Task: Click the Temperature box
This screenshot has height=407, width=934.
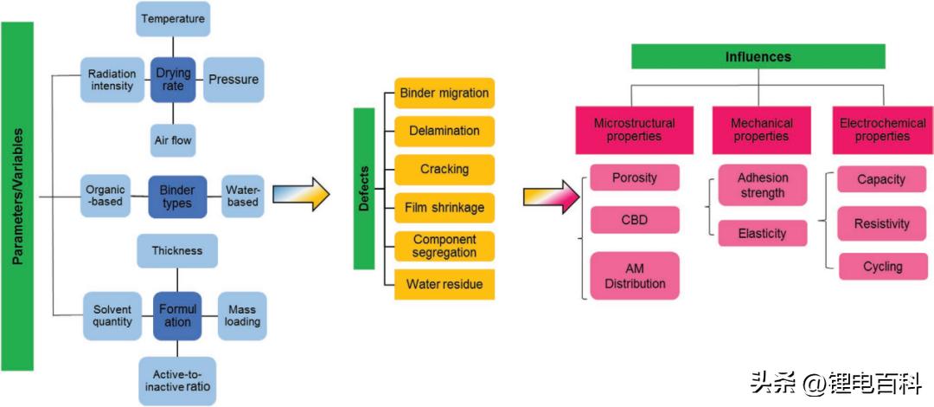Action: [x=173, y=18]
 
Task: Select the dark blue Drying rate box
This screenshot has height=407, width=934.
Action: [x=173, y=79]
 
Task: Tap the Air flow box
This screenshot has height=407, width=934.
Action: [x=173, y=139]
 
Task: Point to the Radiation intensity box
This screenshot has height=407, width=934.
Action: [x=112, y=79]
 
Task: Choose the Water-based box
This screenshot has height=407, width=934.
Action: [x=242, y=197]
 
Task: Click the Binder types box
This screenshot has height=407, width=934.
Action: [x=177, y=197]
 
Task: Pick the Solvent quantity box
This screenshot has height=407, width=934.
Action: [x=112, y=315]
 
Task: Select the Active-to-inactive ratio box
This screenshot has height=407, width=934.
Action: [x=177, y=381]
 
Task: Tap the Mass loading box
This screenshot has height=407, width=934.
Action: [x=242, y=315]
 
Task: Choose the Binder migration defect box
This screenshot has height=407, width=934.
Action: [x=444, y=93]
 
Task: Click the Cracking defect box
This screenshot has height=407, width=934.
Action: [x=444, y=169]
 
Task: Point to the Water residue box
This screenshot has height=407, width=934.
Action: [x=444, y=284]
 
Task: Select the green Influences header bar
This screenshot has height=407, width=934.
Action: [x=758, y=57]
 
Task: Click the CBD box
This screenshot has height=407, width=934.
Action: [x=635, y=221]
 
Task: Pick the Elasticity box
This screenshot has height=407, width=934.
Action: [x=763, y=233]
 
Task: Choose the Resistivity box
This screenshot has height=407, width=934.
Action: [x=881, y=223]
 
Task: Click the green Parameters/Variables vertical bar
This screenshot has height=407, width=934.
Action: [x=17, y=197]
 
